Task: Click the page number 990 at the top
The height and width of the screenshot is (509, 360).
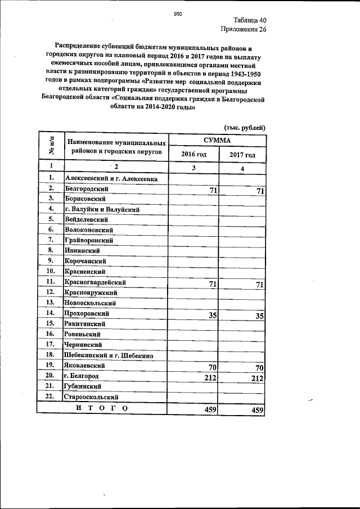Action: click(x=178, y=13)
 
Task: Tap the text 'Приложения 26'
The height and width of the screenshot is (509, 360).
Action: click(x=242, y=29)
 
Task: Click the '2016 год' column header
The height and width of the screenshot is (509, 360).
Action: click(x=193, y=155)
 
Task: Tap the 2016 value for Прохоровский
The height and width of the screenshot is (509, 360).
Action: click(x=213, y=316)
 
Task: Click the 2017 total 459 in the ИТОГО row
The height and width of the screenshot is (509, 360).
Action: click(x=258, y=411)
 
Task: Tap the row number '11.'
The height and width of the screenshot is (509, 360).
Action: click(x=50, y=281)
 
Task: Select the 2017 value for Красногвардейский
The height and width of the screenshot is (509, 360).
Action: click(x=259, y=285)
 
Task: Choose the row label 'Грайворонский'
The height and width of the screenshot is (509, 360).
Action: click(x=88, y=240)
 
